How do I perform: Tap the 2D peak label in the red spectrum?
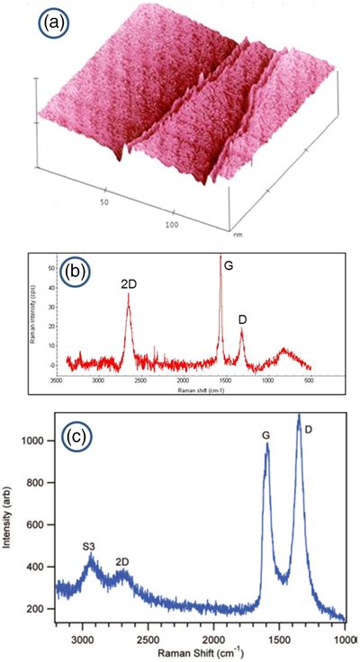click(x=128, y=285)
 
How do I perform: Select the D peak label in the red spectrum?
click(x=241, y=319)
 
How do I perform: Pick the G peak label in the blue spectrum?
click(x=265, y=435)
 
